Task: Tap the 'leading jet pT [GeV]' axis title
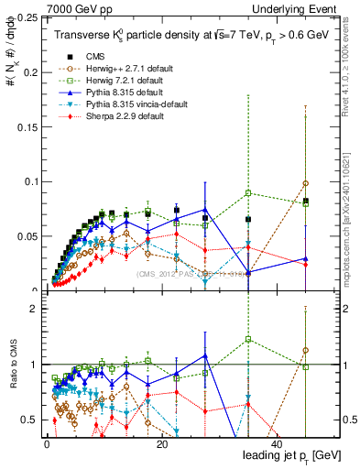tap(290, 455)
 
